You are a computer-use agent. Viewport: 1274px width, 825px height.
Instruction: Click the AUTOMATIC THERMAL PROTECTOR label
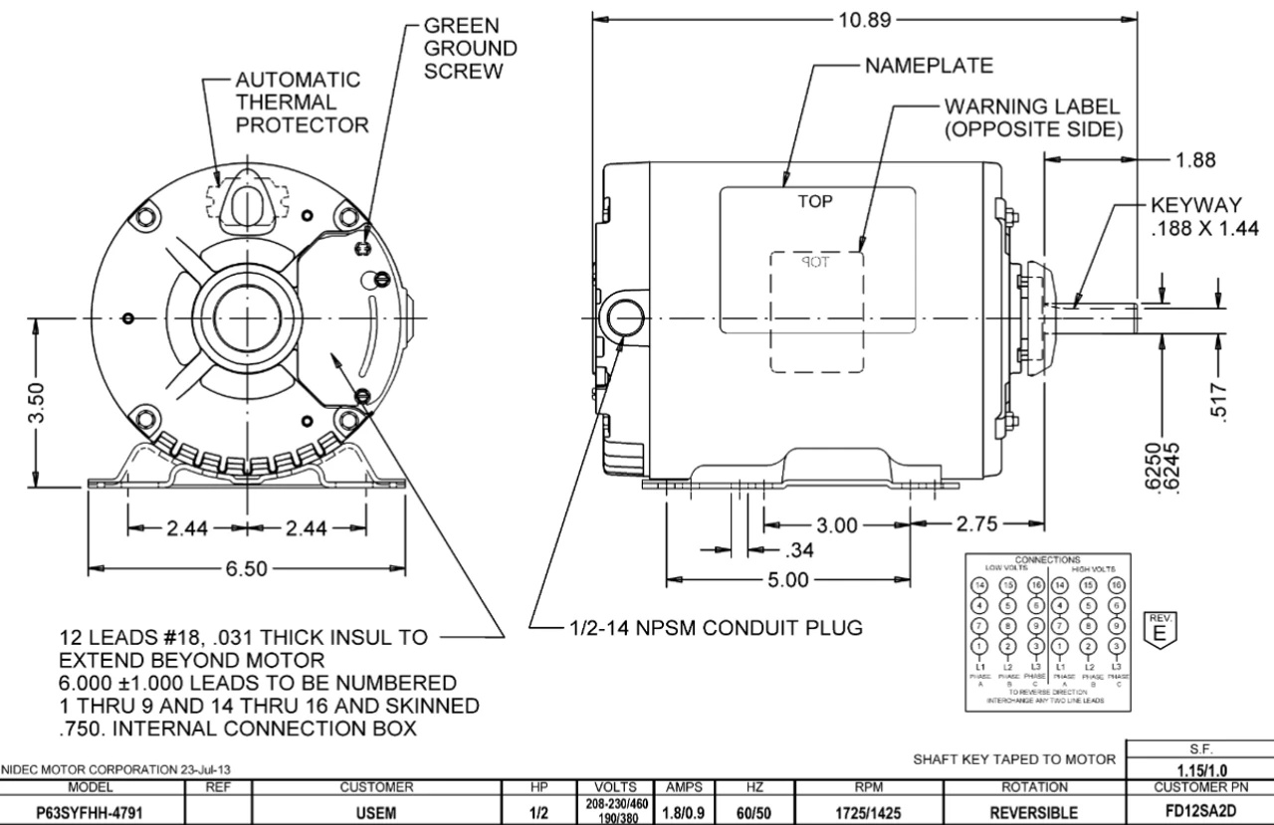pyautogui.click(x=299, y=103)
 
